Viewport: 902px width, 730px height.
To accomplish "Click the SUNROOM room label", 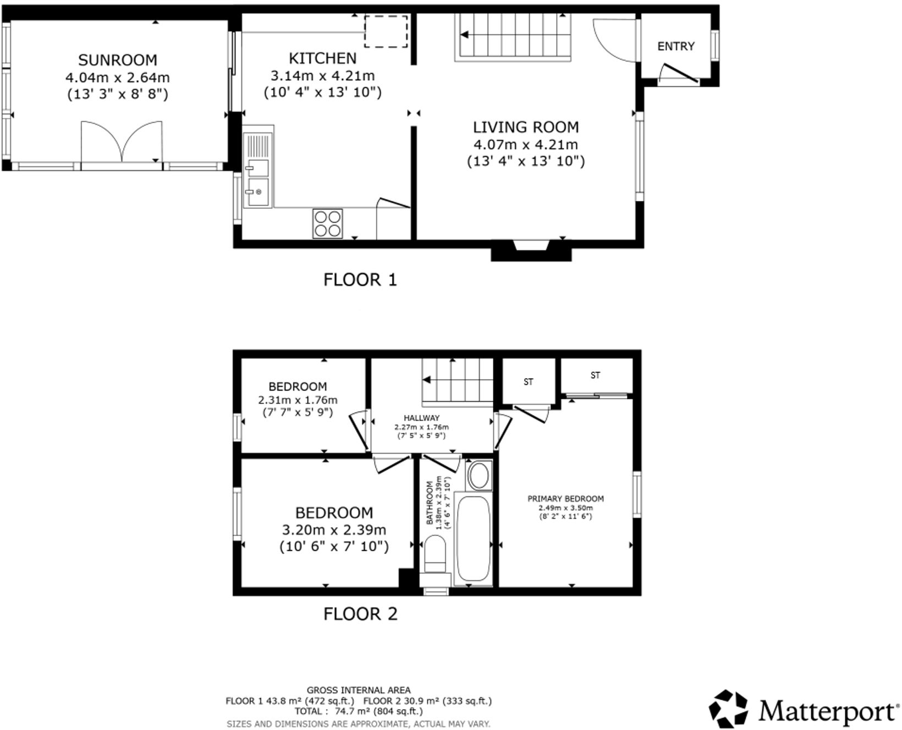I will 117,60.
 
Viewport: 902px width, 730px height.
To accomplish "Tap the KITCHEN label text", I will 323,58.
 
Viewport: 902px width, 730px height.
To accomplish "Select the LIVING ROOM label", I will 526,128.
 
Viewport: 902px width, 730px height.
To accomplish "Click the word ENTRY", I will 676,46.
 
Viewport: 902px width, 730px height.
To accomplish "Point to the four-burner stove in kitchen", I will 327,223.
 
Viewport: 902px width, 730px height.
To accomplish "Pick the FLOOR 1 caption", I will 360,280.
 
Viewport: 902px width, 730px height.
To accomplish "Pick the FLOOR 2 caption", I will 360,614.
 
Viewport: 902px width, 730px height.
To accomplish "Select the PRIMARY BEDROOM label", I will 565,499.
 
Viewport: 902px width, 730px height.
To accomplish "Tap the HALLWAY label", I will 421,418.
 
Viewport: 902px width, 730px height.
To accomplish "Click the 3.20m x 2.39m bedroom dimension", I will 334,530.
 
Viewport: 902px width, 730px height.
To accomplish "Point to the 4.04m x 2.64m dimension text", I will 117,77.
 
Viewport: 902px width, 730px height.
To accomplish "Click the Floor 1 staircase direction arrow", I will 465,35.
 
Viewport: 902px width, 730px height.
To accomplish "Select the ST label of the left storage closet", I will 529,381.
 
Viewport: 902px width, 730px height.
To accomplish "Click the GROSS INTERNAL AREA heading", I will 359,690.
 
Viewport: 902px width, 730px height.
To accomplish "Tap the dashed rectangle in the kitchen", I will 386,31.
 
